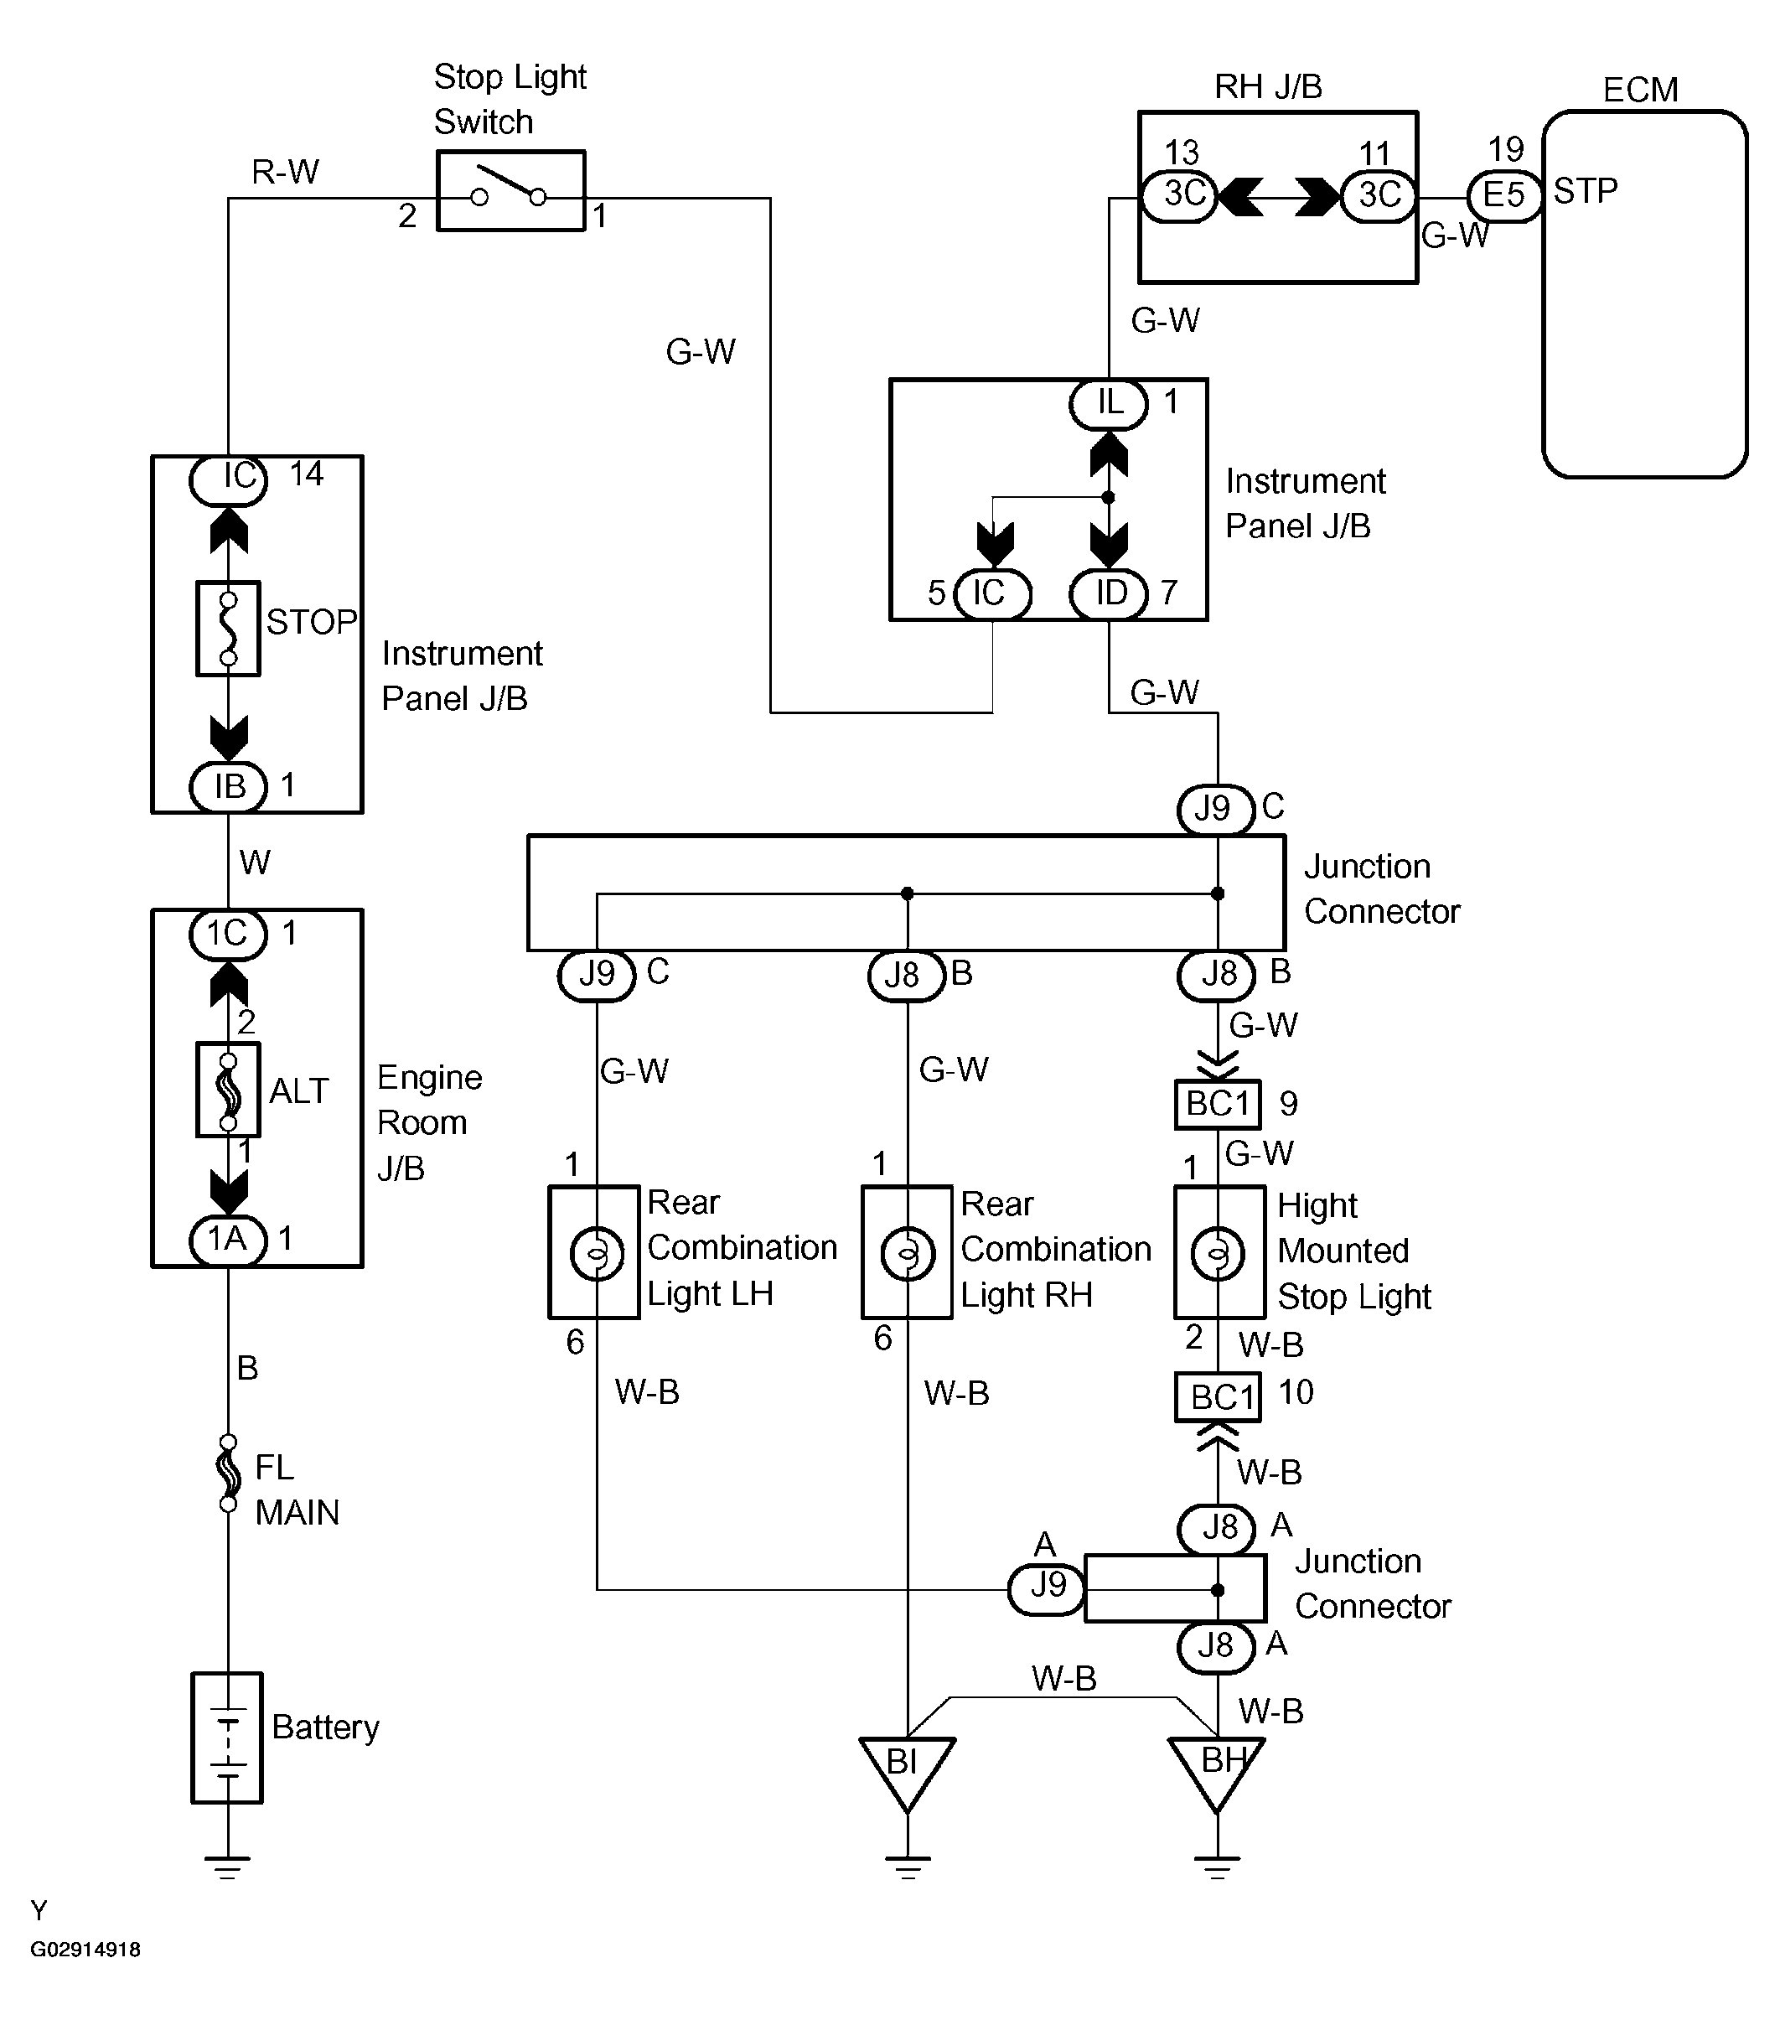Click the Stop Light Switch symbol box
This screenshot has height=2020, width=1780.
[510, 192]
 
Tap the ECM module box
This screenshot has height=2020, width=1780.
[1643, 294]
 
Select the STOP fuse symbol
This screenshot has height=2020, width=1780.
[228, 629]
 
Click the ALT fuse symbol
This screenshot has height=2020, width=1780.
[228, 1090]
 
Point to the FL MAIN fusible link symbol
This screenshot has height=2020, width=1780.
[228, 1474]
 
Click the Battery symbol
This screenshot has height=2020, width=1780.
[227, 1738]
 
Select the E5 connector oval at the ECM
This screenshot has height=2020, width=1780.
[1503, 194]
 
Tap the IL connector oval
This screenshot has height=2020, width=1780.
[1109, 403]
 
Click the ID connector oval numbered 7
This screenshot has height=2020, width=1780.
[1109, 594]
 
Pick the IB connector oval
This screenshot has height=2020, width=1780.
[228, 787]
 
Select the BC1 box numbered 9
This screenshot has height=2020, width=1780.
[1218, 1104]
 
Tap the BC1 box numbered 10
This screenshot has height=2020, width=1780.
[1218, 1397]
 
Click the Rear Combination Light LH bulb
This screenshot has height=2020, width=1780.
[596, 1253]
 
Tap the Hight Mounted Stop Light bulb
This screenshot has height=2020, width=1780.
[1218, 1253]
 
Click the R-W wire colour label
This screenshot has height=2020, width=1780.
[285, 172]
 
